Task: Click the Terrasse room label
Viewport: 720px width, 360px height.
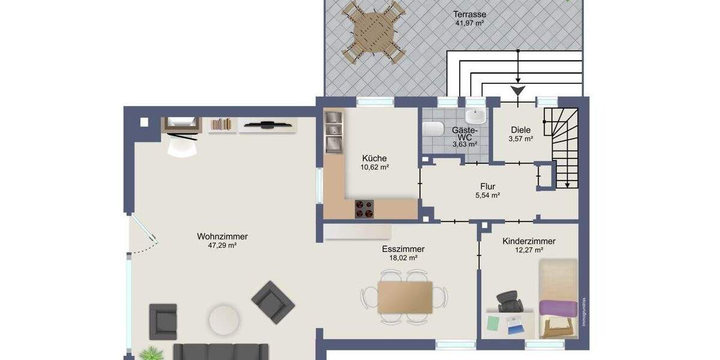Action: click(x=470, y=14)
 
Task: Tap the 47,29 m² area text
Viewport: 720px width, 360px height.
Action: click(x=222, y=246)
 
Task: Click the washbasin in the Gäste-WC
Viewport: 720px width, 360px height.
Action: click(x=476, y=116)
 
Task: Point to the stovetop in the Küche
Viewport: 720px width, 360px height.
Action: click(x=364, y=208)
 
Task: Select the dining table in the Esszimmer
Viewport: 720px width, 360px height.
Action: click(x=404, y=297)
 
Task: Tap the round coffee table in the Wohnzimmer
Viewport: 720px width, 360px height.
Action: click(x=225, y=321)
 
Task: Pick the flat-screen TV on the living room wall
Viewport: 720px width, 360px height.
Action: click(x=268, y=125)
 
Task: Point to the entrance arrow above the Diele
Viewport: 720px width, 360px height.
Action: click(x=518, y=91)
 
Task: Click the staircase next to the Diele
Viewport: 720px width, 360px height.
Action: click(x=564, y=147)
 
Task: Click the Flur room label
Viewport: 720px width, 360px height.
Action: click(x=487, y=186)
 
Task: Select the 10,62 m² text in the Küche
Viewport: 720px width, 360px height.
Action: click(x=375, y=168)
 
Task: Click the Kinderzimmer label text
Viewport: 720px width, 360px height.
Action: click(x=529, y=241)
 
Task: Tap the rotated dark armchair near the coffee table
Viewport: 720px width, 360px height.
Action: click(x=273, y=302)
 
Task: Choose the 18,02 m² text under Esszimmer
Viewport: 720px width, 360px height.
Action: click(x=403, y=258)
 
